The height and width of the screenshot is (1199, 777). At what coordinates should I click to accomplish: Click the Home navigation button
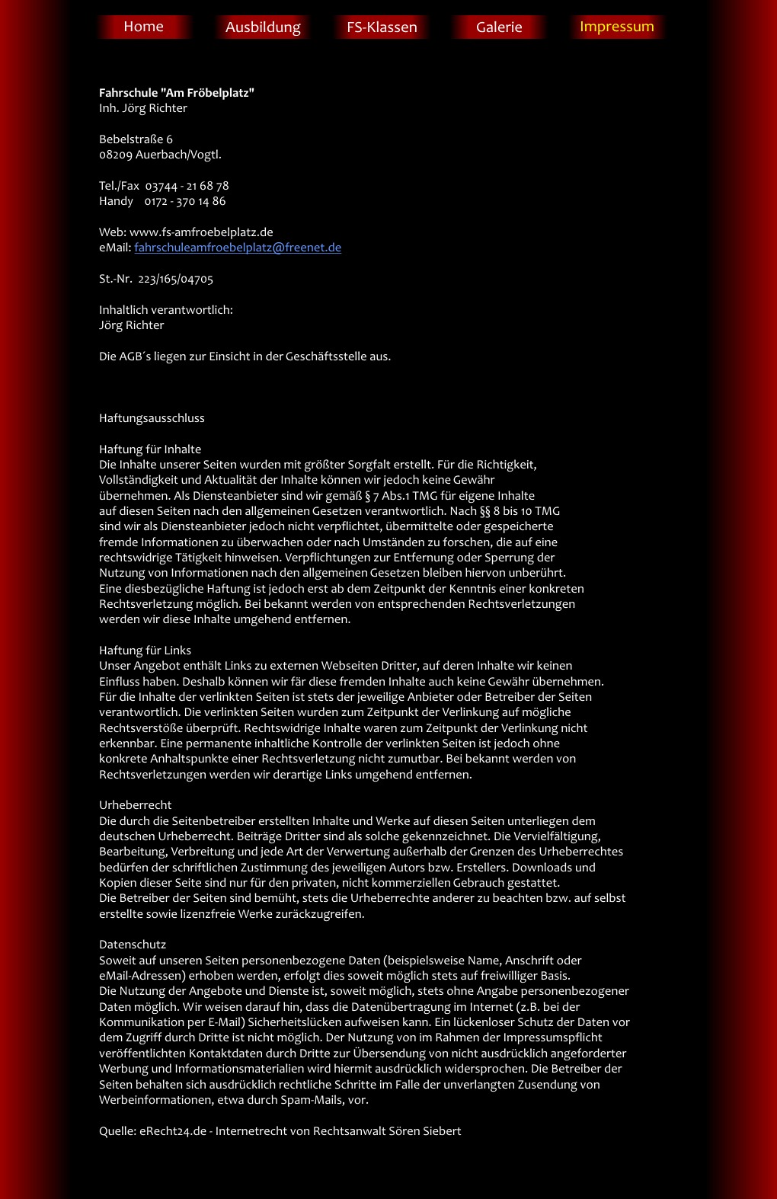pos(143,27)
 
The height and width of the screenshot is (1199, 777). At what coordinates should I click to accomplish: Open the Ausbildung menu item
pos(263,27)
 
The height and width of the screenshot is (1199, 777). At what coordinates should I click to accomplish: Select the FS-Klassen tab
pos(382,27)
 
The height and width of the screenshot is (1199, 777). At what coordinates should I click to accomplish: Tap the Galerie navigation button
pos(499,27)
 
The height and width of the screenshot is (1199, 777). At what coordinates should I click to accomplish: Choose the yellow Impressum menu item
pos(616,27)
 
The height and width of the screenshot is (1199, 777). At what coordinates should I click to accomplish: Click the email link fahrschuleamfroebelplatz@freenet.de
pos(238,248)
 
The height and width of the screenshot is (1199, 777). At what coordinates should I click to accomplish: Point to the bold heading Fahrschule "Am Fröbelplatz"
pos(177,93)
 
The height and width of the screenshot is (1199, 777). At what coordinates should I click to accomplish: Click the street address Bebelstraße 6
pos(136,139)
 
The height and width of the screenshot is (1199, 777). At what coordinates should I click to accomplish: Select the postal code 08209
pos(116,155)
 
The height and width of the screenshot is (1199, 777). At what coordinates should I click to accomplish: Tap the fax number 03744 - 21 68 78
pos(187,186)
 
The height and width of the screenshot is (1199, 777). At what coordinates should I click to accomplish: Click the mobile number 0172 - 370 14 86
pos(185,201)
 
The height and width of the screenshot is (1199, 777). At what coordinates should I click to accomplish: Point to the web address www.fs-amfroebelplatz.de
pos(201,232)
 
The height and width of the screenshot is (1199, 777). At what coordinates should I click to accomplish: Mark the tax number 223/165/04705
pos(175,279)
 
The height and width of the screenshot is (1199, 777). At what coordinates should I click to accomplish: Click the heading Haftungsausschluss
pos(152,418)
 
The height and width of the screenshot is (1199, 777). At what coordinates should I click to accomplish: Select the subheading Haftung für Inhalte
pos(150,449)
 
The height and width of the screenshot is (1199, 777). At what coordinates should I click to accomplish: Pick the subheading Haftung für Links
pos(145,651)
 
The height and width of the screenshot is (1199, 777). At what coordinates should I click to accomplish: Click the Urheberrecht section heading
pos(135,805)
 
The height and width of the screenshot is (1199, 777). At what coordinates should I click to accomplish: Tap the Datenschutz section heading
pos(133,945)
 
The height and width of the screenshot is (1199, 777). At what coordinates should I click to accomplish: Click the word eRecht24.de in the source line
pos(173,1131)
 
